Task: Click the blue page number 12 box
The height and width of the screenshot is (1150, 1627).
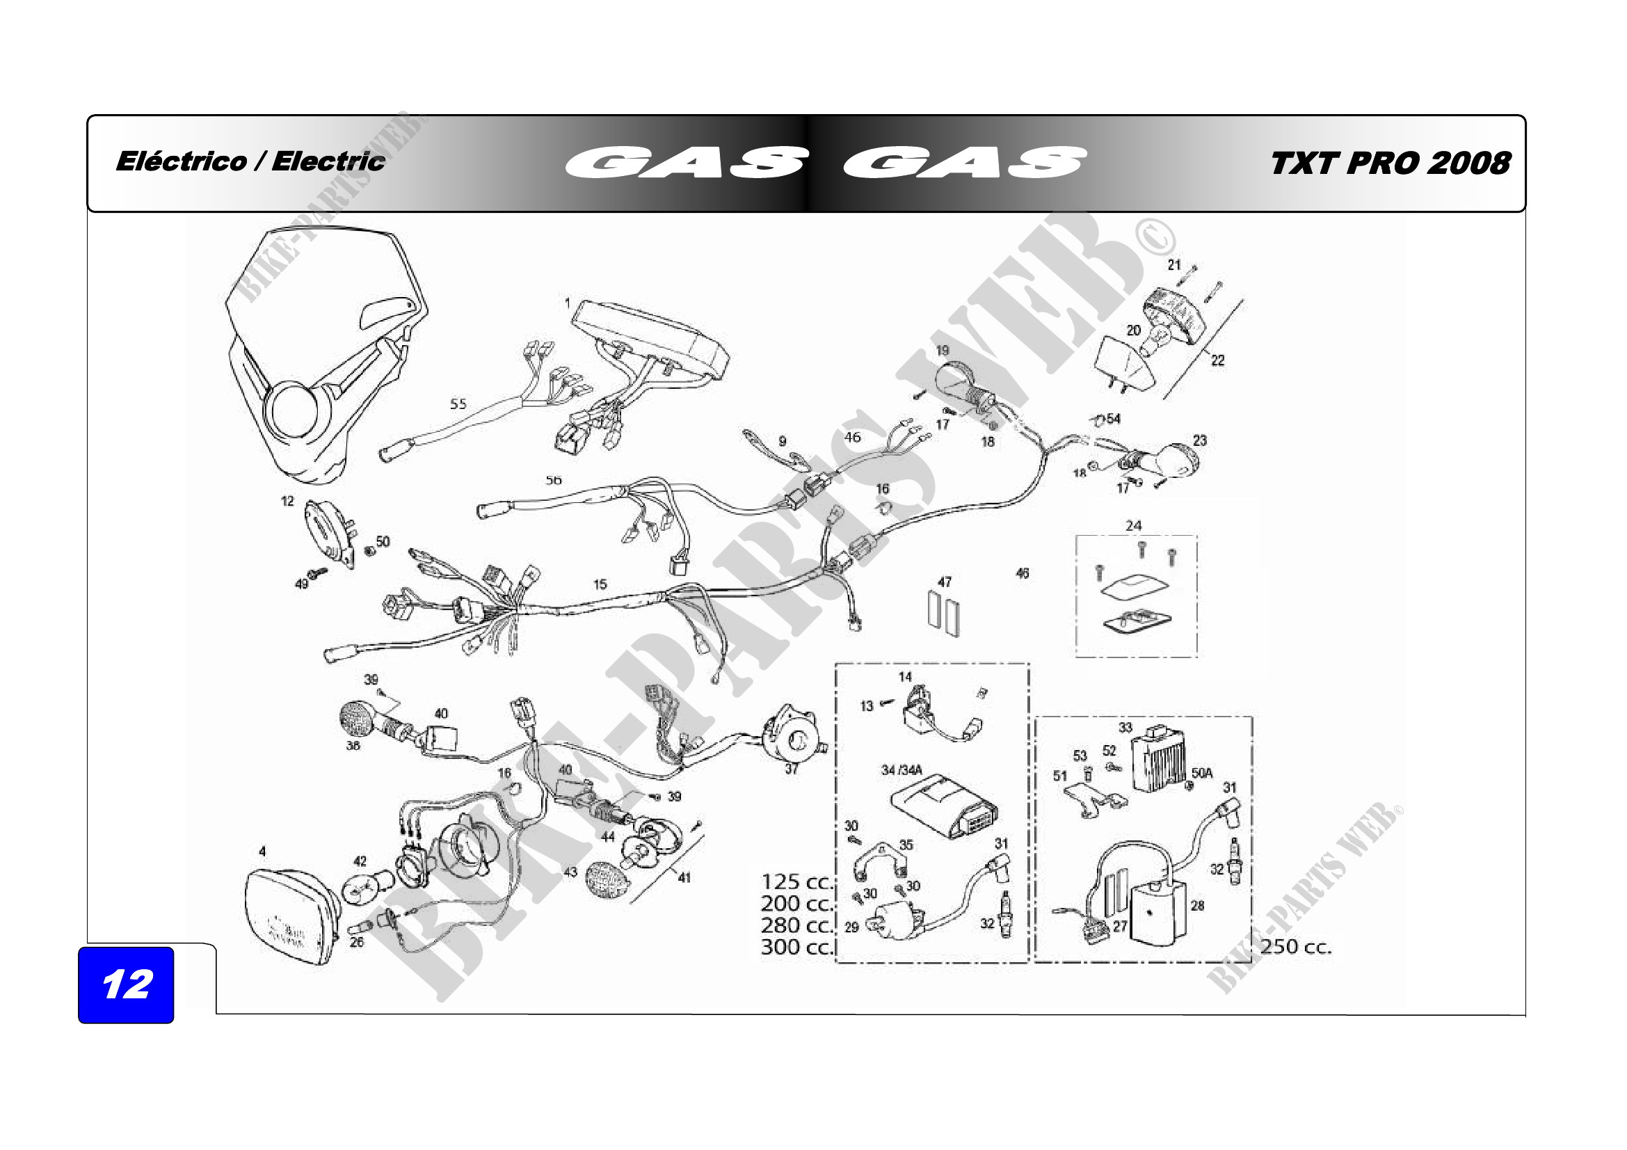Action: (x=126, y=984)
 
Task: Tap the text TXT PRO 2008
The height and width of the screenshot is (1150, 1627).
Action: (x=1390, y=163)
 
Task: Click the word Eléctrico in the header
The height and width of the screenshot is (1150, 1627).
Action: (x=182, y=161)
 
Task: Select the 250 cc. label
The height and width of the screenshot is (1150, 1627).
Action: (x=1296, y=947)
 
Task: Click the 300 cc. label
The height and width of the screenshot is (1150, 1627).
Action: (x=797, y=947)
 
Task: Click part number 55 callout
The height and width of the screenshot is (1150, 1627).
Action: (x=458, y=404)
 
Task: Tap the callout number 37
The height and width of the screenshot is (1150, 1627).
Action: (x=792, y=769)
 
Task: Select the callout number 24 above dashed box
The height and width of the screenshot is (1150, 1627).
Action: (x=1134, y=526)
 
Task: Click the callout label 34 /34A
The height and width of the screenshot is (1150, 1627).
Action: (x=901, y=770)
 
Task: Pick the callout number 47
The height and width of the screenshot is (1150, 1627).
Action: (x=945, y=582)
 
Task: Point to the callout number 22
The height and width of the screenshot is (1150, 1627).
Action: (x=1217, y=360)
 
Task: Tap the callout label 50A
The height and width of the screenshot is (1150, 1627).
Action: (x=1202, y=773)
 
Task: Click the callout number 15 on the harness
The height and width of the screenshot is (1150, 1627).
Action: (x=600, y=584)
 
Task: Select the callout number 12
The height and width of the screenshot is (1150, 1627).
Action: (x=287, y=501)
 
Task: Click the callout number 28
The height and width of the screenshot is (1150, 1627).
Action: (x=1198, y=906)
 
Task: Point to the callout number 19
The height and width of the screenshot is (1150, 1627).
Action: (x=943, y=351)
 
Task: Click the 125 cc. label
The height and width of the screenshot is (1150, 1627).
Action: (x=797, y=882)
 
